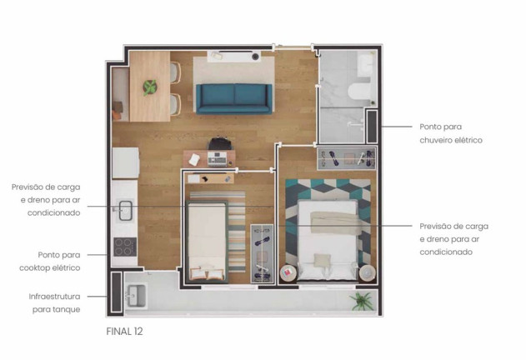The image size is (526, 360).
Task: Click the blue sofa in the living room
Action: [233, 98]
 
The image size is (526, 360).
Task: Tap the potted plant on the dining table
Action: [150, 87]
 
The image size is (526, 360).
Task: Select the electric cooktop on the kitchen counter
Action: [125, 247]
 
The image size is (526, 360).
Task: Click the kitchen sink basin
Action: [126, 211]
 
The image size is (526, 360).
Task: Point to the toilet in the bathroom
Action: [359, 92]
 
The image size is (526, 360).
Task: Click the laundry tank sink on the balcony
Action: [136, 296]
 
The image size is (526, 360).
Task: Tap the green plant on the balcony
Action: [362, 301]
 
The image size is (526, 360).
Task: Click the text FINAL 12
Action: [124, 332]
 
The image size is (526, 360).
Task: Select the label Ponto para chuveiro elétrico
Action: [451, 133]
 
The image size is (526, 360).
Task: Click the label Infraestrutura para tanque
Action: [55, 303]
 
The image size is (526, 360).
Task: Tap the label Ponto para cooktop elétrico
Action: [50, 262]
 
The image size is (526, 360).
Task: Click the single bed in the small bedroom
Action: [207, 241]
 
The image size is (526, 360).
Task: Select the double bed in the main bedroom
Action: [327, 240]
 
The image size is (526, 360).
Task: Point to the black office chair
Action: [220, 143]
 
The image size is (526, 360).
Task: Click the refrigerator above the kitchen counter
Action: [126, 162]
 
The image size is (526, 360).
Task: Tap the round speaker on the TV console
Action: [256, 57]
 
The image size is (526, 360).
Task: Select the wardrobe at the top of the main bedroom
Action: [347, 158]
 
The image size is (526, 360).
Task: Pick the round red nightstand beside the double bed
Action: [288, 273]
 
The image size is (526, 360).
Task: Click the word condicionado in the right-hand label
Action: [446, 252]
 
